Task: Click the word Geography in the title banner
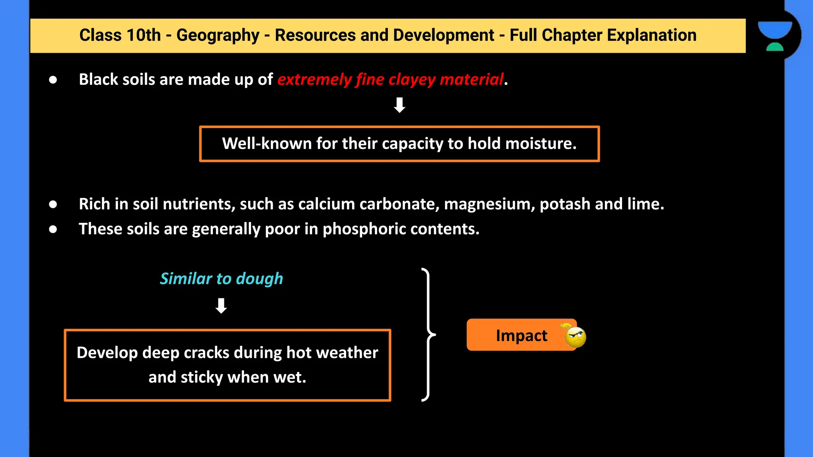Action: pos(218,35)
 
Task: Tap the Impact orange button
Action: pos(521,335)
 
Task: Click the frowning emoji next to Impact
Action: pos(575,337)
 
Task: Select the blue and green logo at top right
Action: pos(774,36)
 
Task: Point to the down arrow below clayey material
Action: pos(399,105)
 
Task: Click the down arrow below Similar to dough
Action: pos(221,306)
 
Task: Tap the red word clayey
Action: pos(412,79)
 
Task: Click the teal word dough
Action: pos(259,278)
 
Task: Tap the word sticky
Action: pos(202,377)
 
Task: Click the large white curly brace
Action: pos(428,335)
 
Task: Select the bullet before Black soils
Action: pos(53,80)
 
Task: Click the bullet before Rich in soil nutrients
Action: pos(53,204)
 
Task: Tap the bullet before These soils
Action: pos(53,229)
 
